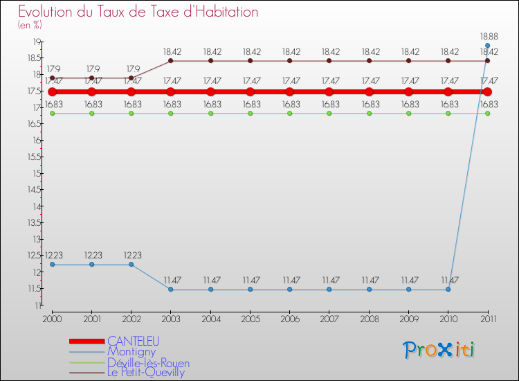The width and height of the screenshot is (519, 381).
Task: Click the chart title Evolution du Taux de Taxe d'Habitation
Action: (138, 12)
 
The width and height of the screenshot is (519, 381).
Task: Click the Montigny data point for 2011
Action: (487, 46)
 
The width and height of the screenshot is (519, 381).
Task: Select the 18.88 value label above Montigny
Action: (487, 35)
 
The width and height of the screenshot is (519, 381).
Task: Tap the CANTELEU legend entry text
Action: (133, 341)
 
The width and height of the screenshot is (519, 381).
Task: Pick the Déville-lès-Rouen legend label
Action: (148, 362)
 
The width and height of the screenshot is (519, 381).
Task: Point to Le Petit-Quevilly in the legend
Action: (146, 373)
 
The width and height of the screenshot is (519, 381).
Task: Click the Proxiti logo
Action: (439, 350)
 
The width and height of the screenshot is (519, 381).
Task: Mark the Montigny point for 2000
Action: (52, 265)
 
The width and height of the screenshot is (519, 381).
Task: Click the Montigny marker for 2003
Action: (171, 290)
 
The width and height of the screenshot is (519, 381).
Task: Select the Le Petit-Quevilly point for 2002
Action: (131, 78)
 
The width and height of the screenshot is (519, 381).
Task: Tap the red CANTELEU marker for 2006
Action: (290, 91)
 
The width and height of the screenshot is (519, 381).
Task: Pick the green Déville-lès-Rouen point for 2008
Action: (369, 113)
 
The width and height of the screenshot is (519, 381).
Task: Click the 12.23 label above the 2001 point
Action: (91, 255)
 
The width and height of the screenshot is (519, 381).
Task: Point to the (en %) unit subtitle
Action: (30, 26)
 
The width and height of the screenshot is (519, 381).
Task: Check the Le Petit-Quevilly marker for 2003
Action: (171, 61)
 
